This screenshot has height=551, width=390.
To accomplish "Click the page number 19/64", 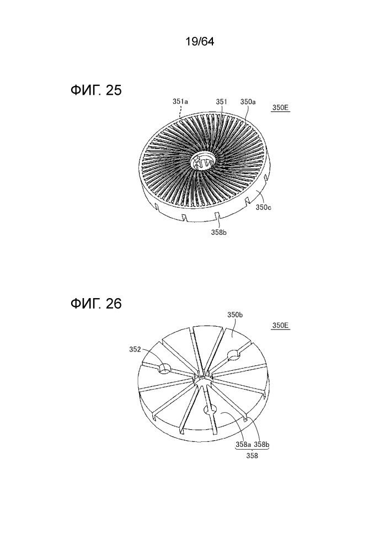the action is [200, 42].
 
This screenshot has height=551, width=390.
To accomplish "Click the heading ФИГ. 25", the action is [96, 90].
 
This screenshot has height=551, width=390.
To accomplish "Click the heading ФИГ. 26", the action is [96, 303].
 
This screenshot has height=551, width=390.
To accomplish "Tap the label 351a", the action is [180, 101].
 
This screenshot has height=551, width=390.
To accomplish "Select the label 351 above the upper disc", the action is [222, 101].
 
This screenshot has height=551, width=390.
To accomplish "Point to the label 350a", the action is [248, 101].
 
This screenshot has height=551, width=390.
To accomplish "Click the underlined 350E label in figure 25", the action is [281, 108].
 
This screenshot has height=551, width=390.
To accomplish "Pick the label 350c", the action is [263, 207].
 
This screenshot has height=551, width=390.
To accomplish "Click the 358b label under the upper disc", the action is [219, 232].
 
